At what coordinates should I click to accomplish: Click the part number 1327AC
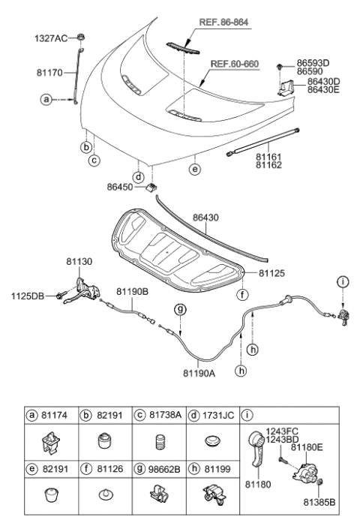tap(49, 37)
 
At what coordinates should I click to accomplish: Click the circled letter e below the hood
tap(195, 170)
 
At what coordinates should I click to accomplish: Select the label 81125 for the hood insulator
tap(273, 275)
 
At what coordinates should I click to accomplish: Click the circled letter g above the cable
tap(180, 309)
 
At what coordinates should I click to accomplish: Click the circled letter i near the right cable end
tap(343, 283)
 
